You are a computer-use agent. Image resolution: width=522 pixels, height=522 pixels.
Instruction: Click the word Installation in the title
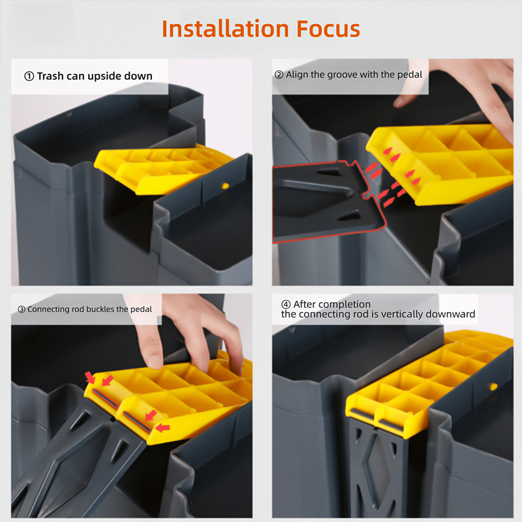(225, 29)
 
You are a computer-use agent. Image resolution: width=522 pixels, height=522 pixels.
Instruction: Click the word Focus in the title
(328, 29)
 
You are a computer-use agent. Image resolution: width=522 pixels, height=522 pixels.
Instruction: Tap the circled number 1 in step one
(29, 76)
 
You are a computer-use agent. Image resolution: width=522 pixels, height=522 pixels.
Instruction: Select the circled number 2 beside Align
(279, 74)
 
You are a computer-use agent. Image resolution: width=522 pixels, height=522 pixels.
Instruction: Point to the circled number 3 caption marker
(22, 309)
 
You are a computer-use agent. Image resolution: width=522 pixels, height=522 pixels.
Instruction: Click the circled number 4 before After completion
(286, 304)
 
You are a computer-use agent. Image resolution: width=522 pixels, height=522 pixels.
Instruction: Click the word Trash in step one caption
(50, 76)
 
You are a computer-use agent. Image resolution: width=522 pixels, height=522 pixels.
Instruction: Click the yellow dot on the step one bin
(225, 186)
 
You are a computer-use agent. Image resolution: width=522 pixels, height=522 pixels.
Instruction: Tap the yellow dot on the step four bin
(494, 386)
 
